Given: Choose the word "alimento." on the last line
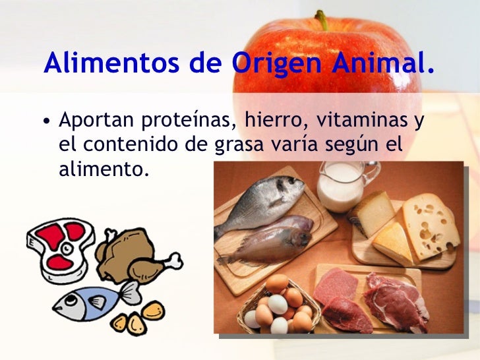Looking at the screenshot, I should pyautogui.click(x=104, y=169).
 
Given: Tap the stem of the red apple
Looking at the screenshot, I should pyautogui.click(x=322, y=20).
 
